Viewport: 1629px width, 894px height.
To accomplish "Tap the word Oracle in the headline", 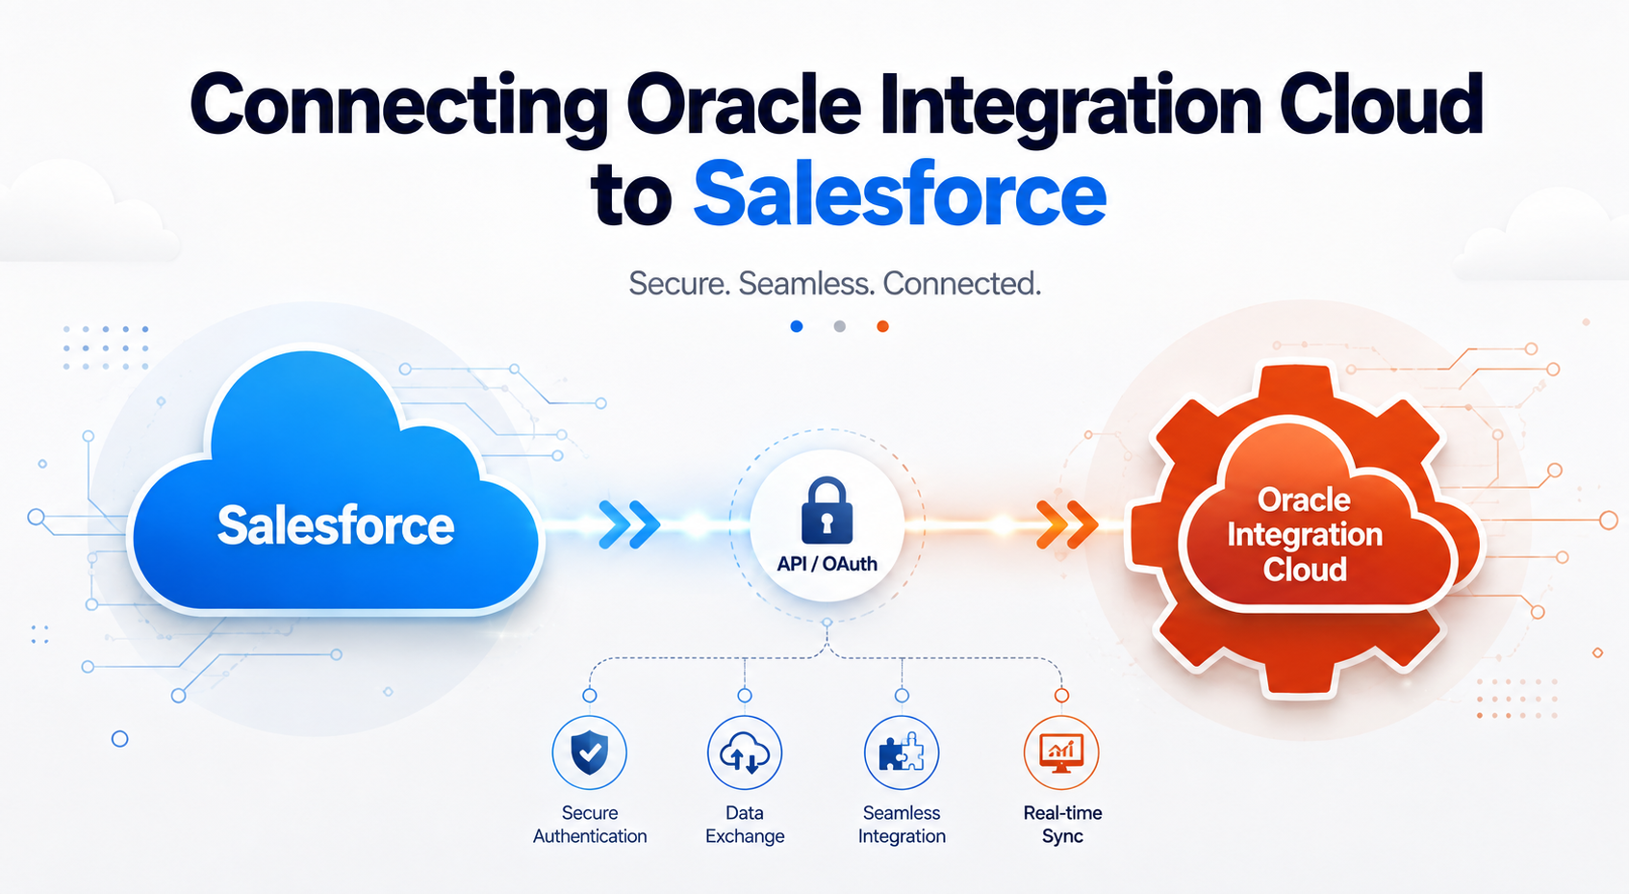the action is point(743,104).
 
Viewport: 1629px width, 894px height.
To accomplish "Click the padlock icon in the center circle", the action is point(827,511).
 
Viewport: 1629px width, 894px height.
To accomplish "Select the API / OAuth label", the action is point(827,564).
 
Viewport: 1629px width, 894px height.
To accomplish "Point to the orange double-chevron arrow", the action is point(1067,524).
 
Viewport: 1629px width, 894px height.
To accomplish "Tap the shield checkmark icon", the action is point(590,753).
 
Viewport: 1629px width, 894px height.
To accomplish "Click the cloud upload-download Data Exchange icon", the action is point(745,753).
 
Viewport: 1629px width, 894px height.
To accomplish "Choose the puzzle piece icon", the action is point(902,753).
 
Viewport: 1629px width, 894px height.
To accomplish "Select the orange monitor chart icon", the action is point(1061,753).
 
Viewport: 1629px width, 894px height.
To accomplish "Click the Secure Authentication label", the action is point(590,824).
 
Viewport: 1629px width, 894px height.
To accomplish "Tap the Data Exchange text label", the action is point(745,824).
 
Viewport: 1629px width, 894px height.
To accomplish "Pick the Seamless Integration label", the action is point(902,824).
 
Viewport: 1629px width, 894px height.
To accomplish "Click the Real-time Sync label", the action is point(1062,824).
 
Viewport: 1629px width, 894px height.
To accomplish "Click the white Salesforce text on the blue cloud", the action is point(336,525).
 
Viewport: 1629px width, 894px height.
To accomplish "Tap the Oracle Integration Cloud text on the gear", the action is point(1305,535).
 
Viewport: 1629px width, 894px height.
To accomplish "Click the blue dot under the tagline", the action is point(797,326).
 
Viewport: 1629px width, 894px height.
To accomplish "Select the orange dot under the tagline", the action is point(883,326).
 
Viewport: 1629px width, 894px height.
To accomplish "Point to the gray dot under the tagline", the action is point(840,326).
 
